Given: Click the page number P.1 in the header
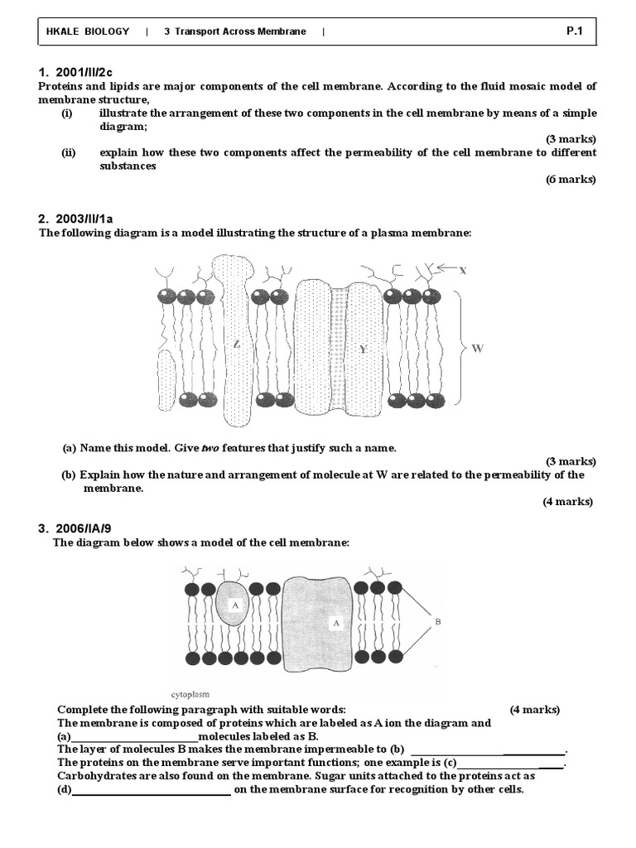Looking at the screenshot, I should (x=576, y=31).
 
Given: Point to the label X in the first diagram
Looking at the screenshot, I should (x=463, y=270).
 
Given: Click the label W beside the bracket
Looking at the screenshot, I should (x=477, y=349).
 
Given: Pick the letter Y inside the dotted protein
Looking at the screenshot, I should (x=362, y=349).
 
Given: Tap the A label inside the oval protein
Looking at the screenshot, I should (x=235, y=605).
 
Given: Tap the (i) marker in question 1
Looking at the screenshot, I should (x=67, y=113).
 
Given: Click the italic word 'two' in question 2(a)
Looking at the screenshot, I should (x=212, y=448).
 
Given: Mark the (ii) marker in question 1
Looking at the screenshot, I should (x=69, y=153).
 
